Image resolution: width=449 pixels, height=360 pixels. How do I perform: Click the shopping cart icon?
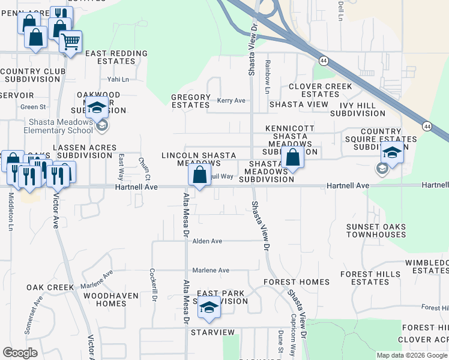71,42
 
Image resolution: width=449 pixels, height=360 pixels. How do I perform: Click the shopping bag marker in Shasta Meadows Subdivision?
293,159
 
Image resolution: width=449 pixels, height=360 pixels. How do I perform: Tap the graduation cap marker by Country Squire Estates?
392,152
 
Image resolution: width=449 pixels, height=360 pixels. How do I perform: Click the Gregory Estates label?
191,101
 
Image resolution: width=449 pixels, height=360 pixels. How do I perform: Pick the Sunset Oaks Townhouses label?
376,231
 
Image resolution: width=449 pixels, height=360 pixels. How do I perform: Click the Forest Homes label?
297,282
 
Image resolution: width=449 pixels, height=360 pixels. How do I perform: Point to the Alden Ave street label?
207,241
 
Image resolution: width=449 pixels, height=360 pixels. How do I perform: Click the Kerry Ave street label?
231,100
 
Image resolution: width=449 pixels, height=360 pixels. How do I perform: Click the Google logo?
20,353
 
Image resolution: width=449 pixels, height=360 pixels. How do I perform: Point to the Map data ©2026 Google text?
412,355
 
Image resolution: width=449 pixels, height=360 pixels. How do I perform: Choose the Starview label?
212,332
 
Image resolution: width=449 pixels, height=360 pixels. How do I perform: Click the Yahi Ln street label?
118,79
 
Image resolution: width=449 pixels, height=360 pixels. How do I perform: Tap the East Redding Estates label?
116,57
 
